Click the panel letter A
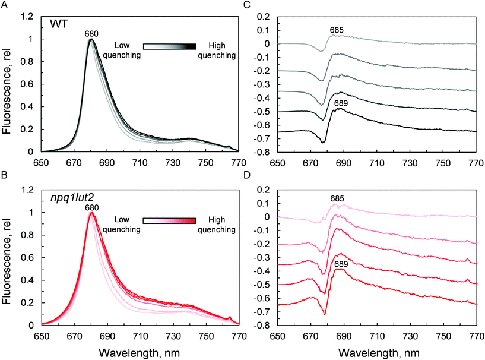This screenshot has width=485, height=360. click(4, 4)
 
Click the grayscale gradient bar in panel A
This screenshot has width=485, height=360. click(170, 45)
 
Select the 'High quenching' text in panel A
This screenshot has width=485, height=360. click(217, 50)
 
